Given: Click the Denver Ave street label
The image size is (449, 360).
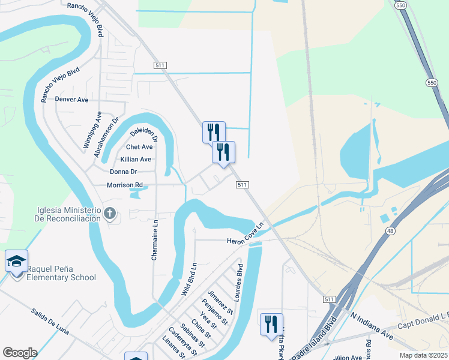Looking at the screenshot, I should pos(71,100).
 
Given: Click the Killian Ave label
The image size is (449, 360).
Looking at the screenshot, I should pos(136,159).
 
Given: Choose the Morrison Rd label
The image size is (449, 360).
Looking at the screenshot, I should pos(125,185).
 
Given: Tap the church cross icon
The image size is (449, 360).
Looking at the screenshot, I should pos(109,213).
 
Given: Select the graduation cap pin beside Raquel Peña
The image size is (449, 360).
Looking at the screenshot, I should pos(16,262).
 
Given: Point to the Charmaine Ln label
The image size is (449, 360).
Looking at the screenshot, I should pos(155,239).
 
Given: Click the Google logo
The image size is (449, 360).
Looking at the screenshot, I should pos(20,353).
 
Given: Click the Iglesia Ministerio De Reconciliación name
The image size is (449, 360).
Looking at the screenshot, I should pos(62,214).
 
